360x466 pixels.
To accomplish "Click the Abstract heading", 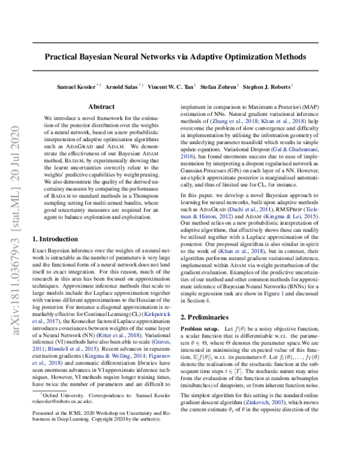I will tap(101, 106).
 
